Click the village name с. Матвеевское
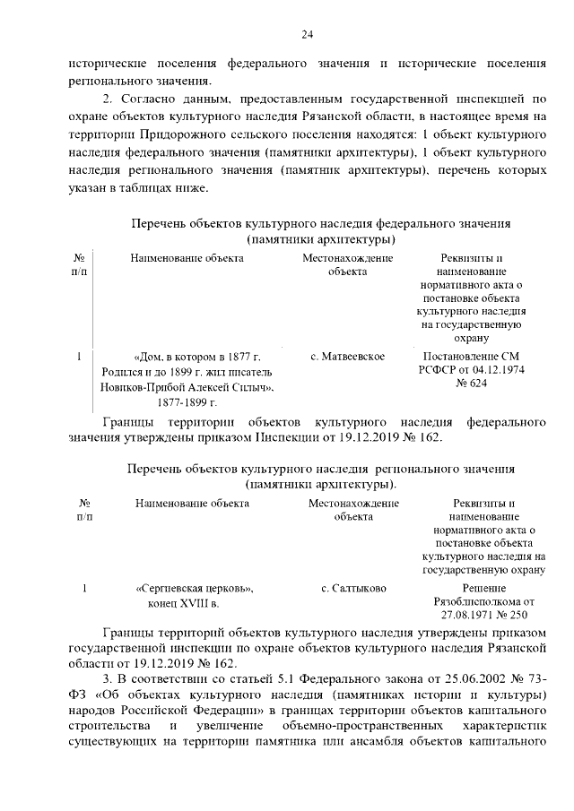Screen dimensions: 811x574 (347, 357)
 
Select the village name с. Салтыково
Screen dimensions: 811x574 (353, 589)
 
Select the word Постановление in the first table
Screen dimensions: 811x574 (453, 357)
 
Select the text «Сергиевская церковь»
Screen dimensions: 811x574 (195, 589)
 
